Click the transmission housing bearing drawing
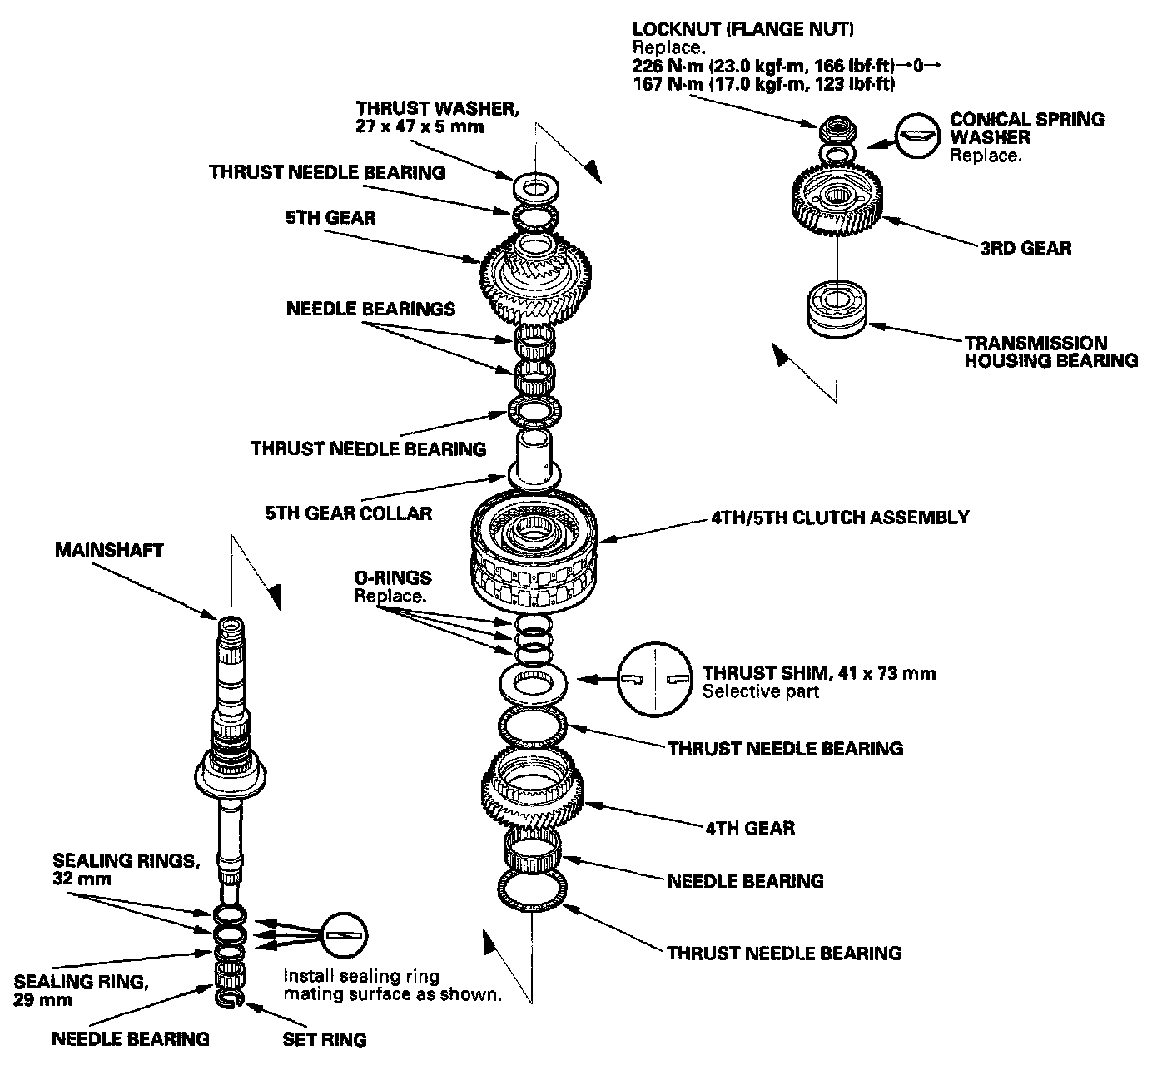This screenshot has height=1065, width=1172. click(837, 310)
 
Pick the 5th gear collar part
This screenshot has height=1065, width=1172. click(533, 459)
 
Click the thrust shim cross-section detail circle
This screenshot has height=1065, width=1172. click(654, 679)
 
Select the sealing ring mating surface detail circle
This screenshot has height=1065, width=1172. click(342, 937)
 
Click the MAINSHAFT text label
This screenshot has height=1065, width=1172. click(109, 551)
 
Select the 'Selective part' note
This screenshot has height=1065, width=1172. click(761, 691)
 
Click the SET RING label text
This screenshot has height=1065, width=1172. click(325, 1039)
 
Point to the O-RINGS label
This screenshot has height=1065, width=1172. click(392, 577)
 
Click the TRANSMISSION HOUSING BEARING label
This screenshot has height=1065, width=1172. click(1050, 352)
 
